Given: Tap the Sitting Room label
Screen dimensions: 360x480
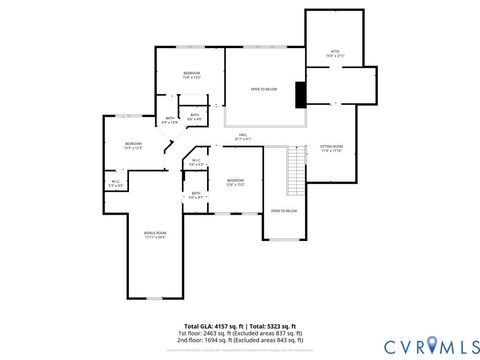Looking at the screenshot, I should pyautogui.click(x=331, y=149).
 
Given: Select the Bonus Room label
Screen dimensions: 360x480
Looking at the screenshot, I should pyautogui.click(x=155, y=235).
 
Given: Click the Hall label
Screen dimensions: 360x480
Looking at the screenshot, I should pyautogui.click(x=243, y=137).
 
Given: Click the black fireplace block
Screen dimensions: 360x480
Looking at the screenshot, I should pyautogui.click(x=300, y=94).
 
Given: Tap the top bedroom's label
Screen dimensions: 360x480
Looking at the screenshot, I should pyautogui.click(x=192, y=75).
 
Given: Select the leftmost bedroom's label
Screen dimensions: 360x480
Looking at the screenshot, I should pyautogui.click(x=133, y=146).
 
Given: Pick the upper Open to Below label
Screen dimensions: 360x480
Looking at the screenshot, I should pyautogui.click(x=263, y=89).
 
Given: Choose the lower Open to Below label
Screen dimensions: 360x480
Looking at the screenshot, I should pyautogui.click(x=283, y=211).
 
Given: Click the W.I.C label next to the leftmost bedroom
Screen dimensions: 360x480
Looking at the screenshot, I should pyautogui.click(x=116, y=183).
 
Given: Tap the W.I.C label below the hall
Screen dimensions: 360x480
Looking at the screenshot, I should pyautogui.click(x=196, y=162).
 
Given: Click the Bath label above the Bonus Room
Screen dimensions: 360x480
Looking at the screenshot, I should pyautogui.click(x=196, y=195).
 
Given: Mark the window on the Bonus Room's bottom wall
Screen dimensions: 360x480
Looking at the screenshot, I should pyautogui.click(x=155, y=297).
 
